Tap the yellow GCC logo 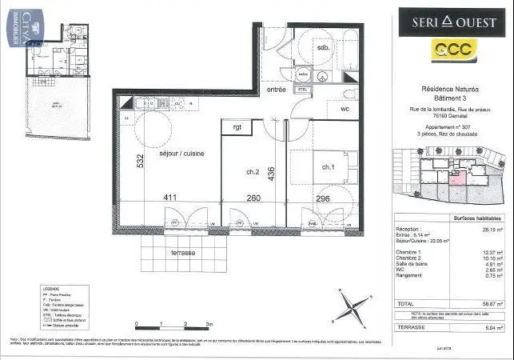click(452, 51)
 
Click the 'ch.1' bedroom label click(329, 167)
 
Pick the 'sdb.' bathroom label click(324, 47)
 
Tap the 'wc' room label click(345, 109)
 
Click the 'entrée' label click(277, 90)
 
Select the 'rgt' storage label click(237, 126)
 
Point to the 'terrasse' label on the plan click(181, 252)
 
